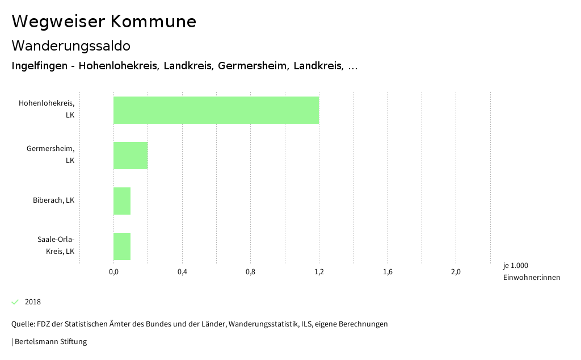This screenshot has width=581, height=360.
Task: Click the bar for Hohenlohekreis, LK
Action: tap(216, 110)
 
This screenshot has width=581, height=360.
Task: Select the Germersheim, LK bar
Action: tap(130, 156)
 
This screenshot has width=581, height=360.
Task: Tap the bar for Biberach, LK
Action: tap(122, 201)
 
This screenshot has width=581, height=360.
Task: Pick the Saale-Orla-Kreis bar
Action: tap(122, 246)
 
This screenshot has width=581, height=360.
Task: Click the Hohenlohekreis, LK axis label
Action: tap(47, 109)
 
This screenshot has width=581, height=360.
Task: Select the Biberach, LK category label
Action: tap(53, 200)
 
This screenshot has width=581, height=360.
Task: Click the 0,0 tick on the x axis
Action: tap(113, 272)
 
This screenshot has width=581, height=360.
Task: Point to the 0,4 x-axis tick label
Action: tap(182, 272)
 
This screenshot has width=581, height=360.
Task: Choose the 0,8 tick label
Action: tap(250, 272)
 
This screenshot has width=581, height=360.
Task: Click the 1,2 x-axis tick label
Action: tap(319, 272)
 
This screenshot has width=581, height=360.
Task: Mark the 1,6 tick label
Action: tap(388, 272)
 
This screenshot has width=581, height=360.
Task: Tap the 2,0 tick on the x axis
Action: tap(456, 272)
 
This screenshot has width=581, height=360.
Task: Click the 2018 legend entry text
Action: tap(33, 302)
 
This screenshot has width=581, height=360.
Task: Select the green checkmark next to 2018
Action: tap(15, 302)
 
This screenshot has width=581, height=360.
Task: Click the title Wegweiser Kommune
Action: tap(104, 22)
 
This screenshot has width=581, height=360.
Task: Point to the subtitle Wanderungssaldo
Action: tap(71, 45)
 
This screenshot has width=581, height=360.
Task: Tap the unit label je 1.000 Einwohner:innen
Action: tap(531, 271)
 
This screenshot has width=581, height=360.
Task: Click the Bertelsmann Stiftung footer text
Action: tap(50, 342)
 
